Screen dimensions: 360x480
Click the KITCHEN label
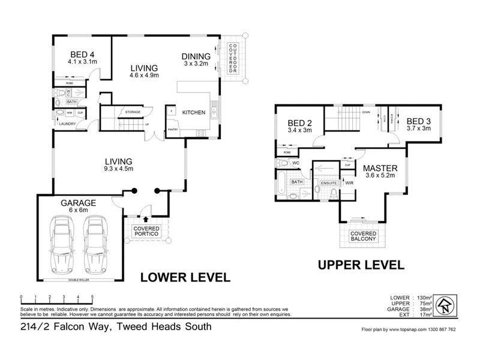point(194,112)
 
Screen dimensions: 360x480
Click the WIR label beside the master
point(349,182)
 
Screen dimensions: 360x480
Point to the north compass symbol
point(444,305)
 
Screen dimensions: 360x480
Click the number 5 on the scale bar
point(92,298)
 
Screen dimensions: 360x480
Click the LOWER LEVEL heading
point(185,277)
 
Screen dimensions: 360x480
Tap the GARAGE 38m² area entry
point(410,309)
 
